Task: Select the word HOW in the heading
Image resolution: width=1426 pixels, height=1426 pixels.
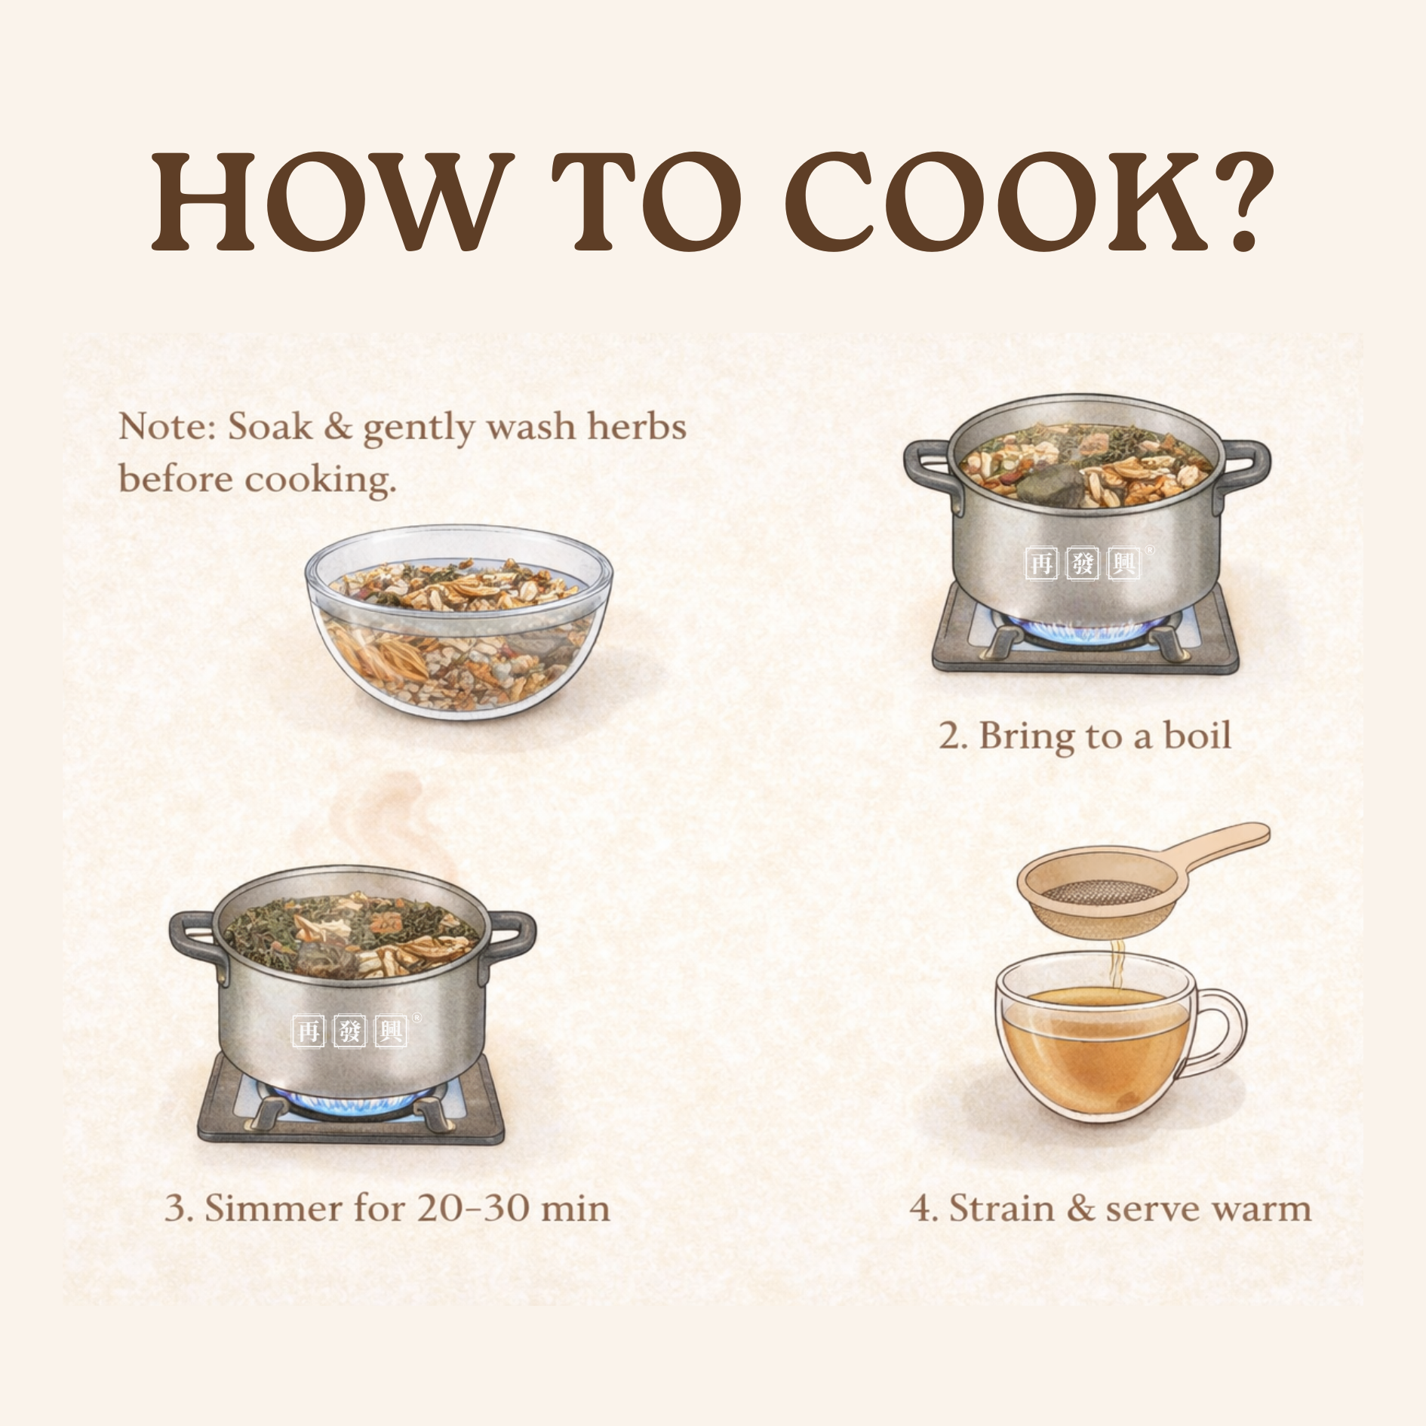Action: coord(325,203)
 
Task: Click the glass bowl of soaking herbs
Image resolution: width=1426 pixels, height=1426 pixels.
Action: coord(459,622)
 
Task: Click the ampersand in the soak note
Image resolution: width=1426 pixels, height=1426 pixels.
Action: coord(337,427)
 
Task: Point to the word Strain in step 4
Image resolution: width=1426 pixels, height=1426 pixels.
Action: coord(1001,1208)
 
